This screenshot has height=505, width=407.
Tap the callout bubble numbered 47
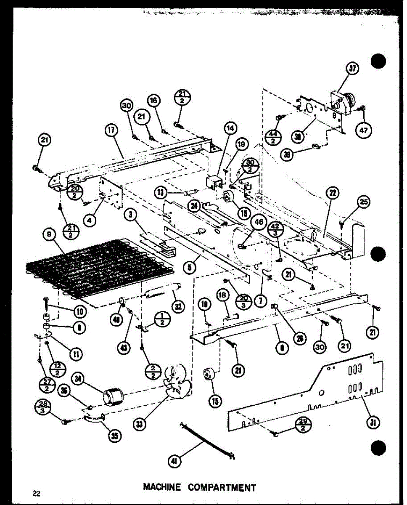(x=363, y=130)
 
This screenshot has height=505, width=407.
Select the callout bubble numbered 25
(x=363, y=203)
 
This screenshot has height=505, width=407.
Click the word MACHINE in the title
(x=162, y=488)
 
